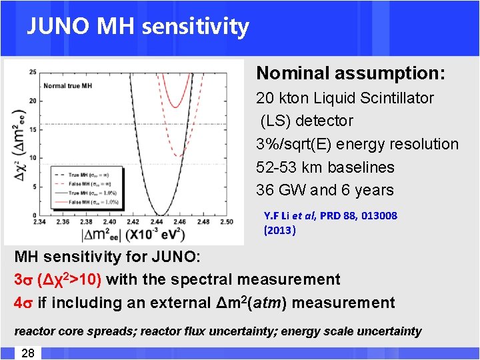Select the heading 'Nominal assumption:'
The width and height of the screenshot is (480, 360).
352,73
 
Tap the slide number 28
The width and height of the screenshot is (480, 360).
27,353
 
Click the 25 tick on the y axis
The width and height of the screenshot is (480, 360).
33,71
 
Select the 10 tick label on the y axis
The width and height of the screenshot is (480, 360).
33,158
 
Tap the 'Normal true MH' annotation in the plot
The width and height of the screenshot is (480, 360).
67,85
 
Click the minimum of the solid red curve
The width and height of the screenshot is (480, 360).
175,107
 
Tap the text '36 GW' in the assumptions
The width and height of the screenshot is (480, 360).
277,190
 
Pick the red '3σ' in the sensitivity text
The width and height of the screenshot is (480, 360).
23,280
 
